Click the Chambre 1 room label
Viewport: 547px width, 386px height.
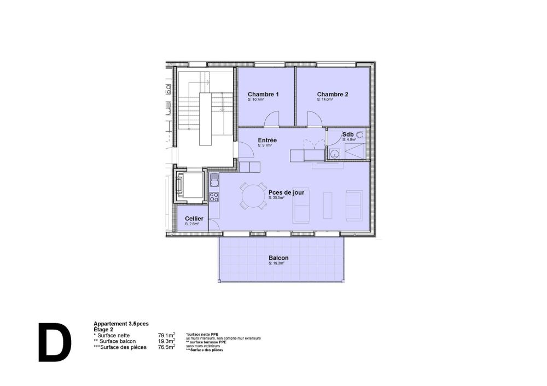263,94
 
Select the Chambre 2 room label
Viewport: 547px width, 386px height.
332,94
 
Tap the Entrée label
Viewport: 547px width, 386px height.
267,141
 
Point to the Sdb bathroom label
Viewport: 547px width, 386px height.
347,134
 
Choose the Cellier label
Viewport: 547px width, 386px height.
194,218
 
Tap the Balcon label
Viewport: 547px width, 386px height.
278,258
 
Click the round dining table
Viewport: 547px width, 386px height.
253,196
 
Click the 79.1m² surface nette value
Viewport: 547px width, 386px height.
166,335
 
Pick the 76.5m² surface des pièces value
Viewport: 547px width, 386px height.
166,347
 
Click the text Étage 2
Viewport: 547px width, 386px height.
104,329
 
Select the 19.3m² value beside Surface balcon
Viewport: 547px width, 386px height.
166,341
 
